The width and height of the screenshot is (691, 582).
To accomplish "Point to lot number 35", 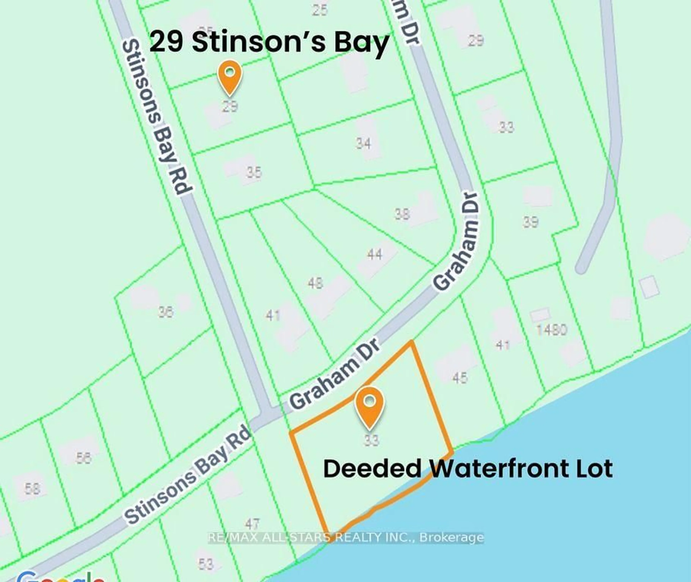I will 254,172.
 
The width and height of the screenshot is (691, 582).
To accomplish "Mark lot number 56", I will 83,458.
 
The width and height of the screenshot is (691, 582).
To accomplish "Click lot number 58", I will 32,489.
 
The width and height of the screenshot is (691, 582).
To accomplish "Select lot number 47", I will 252,524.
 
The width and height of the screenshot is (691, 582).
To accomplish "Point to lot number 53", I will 205,564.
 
